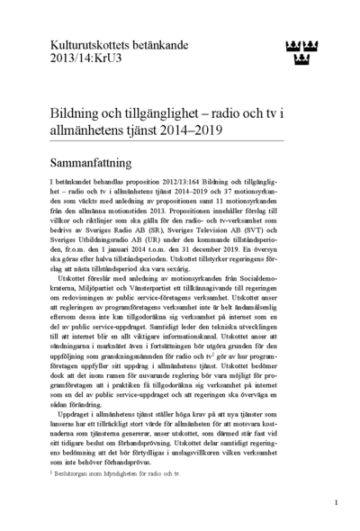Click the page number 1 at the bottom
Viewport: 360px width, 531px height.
tap(336, 502)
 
